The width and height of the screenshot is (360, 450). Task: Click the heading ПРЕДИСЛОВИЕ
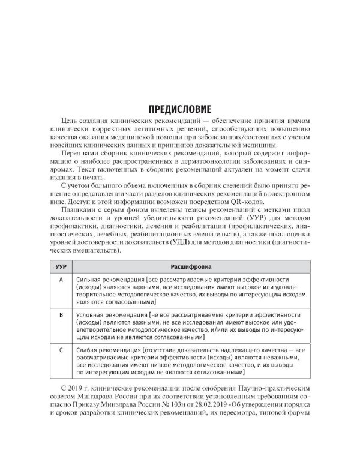180,110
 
